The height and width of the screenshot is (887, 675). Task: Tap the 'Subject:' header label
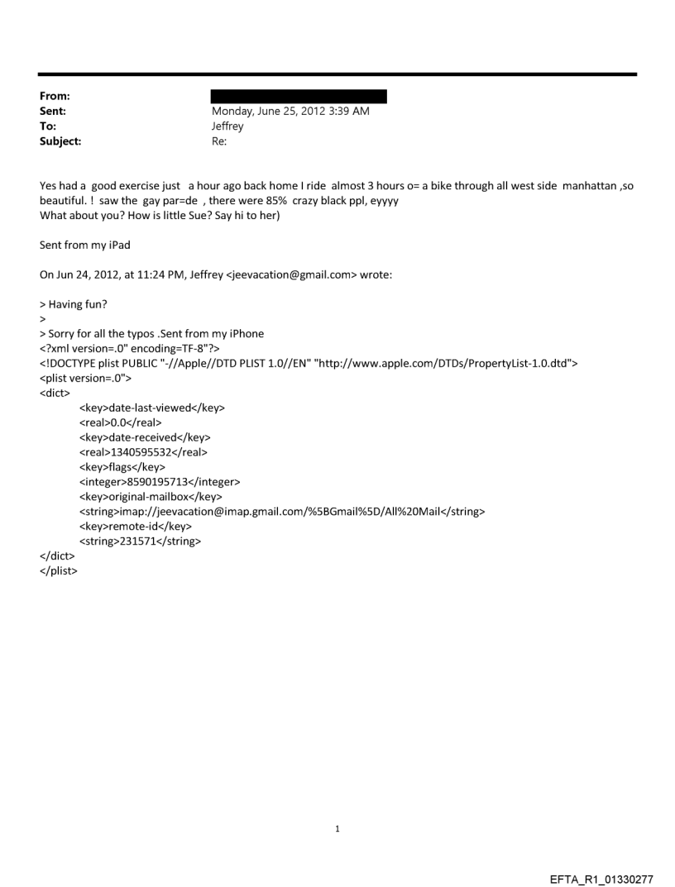tap(60, 141)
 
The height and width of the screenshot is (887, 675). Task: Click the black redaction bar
tap(299, 97)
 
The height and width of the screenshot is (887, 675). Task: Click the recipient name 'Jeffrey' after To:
tap(228, 126)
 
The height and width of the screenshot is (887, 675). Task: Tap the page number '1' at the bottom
tap(337, 828)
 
